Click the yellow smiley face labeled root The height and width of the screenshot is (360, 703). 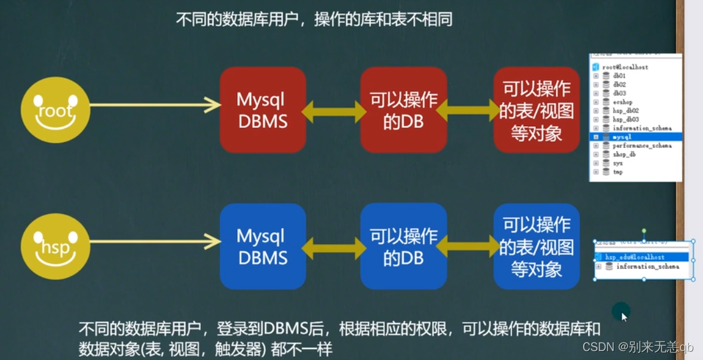(55, 110)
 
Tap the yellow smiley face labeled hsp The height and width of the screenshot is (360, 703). (55, 247)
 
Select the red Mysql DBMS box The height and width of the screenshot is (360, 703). (263, 110)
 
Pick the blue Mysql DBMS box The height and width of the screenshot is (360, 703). (263, 247)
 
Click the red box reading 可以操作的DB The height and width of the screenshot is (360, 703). (403, 110)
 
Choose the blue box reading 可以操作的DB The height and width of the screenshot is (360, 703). (403, 247)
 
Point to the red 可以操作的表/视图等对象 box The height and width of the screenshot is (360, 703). (536, 110)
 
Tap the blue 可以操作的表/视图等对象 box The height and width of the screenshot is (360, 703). (536, 247)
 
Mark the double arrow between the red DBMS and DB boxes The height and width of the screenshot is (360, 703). (333, 112)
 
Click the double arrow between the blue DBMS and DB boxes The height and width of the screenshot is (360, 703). (333, 247)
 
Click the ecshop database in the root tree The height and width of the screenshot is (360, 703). (623, 102)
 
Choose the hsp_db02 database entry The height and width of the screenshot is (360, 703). (625, 111)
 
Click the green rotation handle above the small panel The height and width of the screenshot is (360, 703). (644, 231)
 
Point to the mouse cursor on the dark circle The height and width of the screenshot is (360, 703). (624, 315)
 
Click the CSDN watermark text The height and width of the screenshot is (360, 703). (637, 347)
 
